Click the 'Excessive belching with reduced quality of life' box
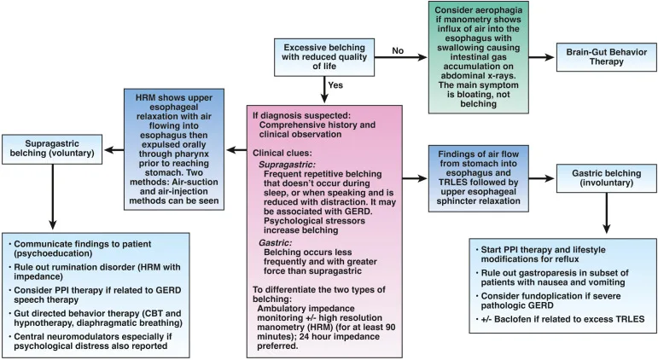[x=324, y=57]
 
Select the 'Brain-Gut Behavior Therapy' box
[x=607, y=56]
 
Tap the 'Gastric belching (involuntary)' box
[x=607, y=178]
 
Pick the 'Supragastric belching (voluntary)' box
[x=52, y=148]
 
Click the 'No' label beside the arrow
[x=398, y=51]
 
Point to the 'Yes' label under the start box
[x=335, y=85]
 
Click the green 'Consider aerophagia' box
[x=479, y=57]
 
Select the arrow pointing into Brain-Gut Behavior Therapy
[x=541, y=57]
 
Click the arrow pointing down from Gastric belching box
[x=607, y=212]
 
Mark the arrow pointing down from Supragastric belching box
[x=52, y=196]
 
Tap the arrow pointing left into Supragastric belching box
[x=114, y=149]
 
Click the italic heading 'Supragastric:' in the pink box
[x=287, y=165]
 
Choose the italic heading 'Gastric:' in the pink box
[x=275, y=242]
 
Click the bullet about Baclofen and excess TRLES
[x=561, y=319]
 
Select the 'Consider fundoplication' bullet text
[x=550, y=300]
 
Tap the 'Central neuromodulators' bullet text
[x=93, y=341]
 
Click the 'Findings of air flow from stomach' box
[x=479, y=177]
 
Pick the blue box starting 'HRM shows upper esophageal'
[x=174, y=149]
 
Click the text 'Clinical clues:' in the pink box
[x=282, y=154]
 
